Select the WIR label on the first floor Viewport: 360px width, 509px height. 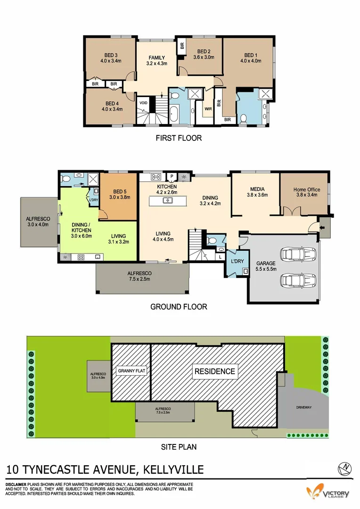207,109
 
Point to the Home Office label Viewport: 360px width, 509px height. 307,190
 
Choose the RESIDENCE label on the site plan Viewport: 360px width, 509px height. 215,371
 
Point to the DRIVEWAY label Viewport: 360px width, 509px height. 304,407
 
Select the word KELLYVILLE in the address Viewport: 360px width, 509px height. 173,469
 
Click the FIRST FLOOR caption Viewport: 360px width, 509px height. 179,138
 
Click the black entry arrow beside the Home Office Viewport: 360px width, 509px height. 322,228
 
